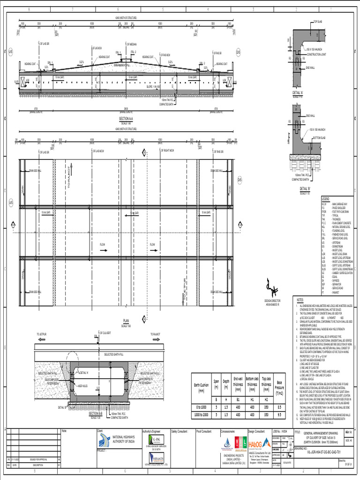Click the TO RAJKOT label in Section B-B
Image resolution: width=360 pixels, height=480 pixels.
tap(156, 334)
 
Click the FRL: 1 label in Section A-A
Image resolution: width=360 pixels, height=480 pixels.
tap(118, 52)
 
